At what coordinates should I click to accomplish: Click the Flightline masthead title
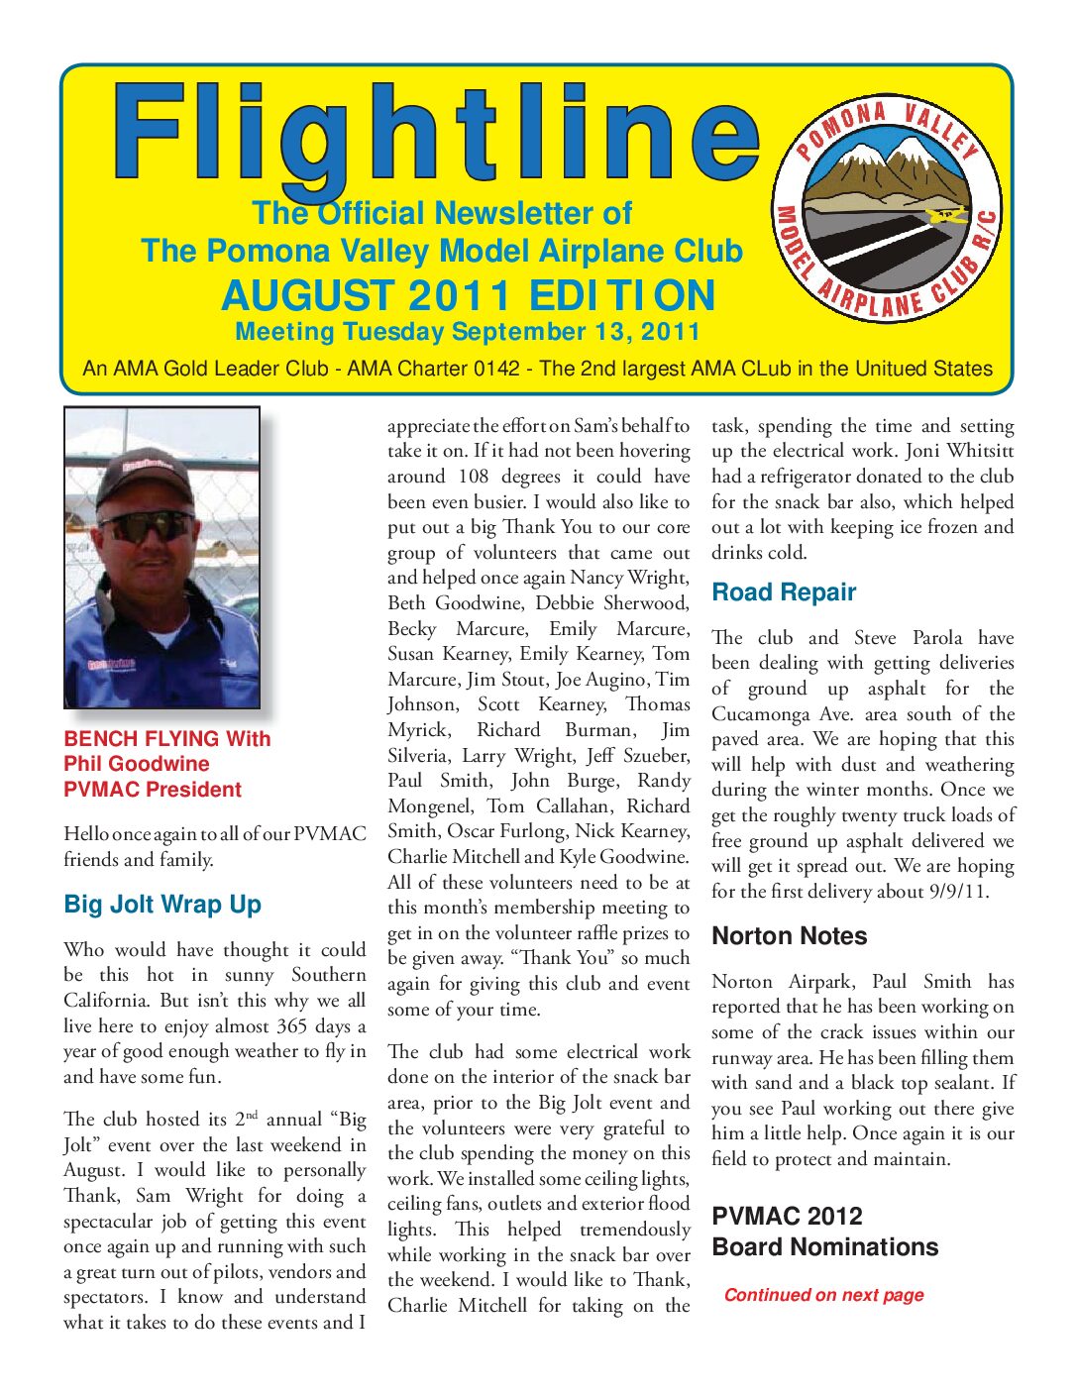click(x=436, y=134)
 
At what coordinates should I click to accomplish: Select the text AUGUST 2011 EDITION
click(x=468, y=296)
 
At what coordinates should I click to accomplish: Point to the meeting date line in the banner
click(x=468, y=332)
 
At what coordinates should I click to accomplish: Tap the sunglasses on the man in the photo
click(x=146, y=526)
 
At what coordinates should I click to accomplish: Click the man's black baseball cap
click(x=144, y=477)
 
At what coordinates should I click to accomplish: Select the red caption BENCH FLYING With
click(x=166, y=739)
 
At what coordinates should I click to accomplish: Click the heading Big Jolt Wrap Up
click(x=162, y=905)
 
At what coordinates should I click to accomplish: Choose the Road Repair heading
click(x=784, y=592)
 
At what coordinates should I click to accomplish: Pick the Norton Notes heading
click(x=789, y=936)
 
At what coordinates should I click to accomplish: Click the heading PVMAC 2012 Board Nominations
click(x=824, y=1232)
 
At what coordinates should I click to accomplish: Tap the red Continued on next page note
click(x=823, y=1295)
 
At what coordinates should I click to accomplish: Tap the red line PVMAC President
click(x=153, y=790)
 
